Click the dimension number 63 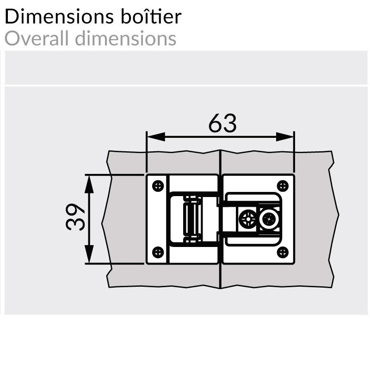(222, 124)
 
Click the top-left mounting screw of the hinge (158, 185)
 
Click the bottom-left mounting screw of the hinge (158, 252)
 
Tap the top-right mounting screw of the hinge (283, 185)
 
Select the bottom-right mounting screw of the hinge (283, 252)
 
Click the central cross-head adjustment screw (247, 219)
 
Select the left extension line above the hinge (147, 153)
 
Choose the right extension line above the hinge (294, 153)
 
